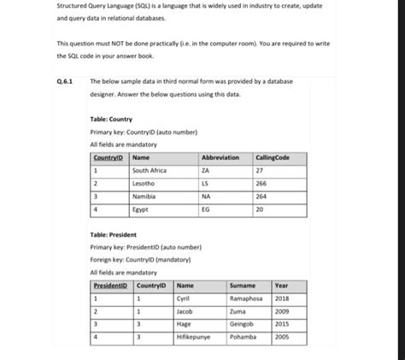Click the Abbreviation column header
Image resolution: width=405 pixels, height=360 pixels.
pos(220,158)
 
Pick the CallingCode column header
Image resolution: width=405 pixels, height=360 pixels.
pos(272,158)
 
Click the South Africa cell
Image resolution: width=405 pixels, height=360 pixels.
pos(150,171)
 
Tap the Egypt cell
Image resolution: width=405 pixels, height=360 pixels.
pos(140,208)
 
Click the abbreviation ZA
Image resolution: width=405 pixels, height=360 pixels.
pos(206,171)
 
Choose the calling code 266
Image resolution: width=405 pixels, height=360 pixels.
pos(261,184)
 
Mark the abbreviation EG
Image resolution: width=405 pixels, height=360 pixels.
pos(205,208)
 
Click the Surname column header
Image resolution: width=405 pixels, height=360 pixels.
pos(244,286)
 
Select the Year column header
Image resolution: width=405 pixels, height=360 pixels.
pos(282,286)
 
